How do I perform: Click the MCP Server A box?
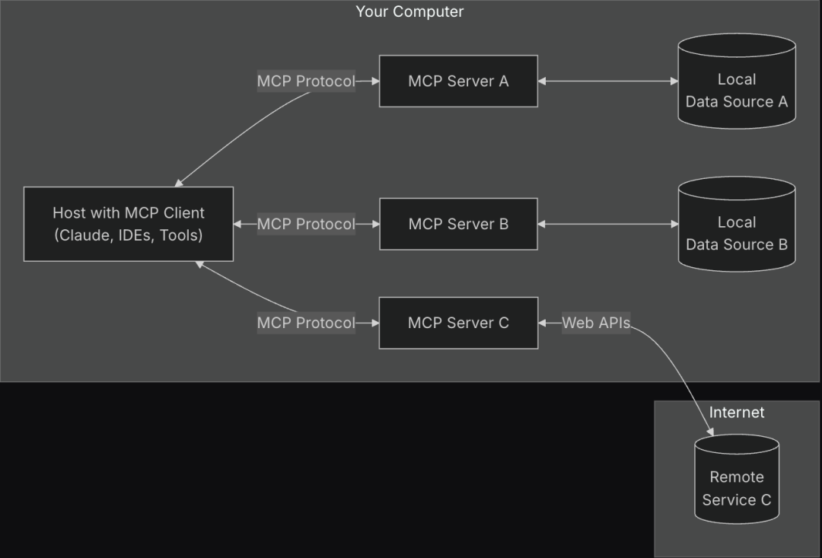(458, 81)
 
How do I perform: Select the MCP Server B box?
(458, 224)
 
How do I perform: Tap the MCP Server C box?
(458, 323)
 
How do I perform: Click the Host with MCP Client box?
(128, 224)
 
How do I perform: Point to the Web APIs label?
(596, 323)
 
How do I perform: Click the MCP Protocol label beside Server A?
(306, 81)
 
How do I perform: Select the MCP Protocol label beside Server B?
(306, 224)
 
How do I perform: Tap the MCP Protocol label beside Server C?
(306, 323)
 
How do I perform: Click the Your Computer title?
(409, 11)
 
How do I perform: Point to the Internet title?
(736, 413)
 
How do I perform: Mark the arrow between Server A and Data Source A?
(607, 81)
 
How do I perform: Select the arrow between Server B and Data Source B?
(607, 224)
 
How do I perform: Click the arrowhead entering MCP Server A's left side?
(374, 81)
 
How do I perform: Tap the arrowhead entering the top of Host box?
(178, 183)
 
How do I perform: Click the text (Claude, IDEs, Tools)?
(128, 235)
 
